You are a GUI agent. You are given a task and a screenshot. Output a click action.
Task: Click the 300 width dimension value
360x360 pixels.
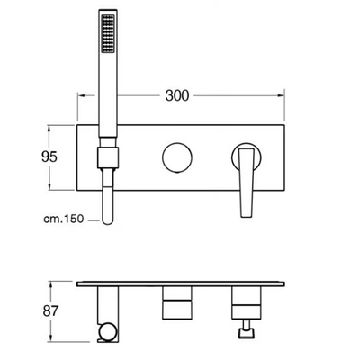177,95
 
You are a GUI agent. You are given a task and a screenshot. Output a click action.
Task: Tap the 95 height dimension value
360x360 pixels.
49,157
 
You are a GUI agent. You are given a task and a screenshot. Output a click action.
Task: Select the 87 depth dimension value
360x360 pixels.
50,311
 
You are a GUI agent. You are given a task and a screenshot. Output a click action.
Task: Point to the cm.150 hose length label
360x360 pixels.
64,219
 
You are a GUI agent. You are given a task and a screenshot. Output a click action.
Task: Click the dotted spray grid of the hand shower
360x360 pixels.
108,34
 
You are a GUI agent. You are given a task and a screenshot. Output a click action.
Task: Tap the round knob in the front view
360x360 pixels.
177,157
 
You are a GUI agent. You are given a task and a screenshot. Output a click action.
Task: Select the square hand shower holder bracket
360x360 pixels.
108,157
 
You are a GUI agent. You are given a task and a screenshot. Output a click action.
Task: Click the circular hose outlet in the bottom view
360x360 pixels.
106,332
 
